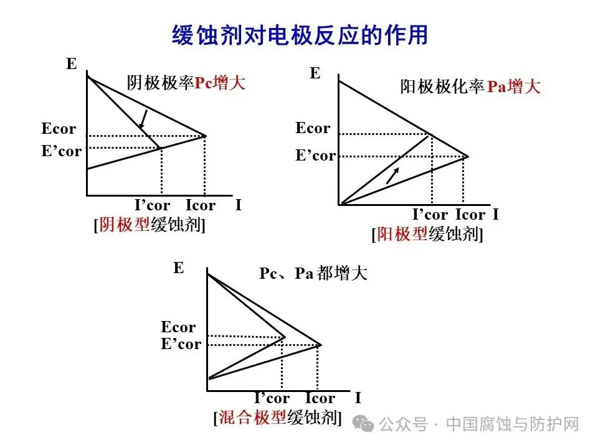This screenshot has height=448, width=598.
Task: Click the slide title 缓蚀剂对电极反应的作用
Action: coord(300,35)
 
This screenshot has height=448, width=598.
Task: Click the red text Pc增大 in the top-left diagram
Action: coord(220,83)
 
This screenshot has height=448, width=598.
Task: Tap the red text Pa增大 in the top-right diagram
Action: coord(513,87)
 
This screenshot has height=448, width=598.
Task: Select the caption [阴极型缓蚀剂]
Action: coord(149,225)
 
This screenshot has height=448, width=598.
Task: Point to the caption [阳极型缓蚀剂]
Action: coord(427,234)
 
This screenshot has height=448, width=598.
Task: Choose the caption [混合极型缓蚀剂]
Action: coord(277,417)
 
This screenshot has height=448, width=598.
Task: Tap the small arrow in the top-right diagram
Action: coord(392,175)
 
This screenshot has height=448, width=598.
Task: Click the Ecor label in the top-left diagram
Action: coord(59,129)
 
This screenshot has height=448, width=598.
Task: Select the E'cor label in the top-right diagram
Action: coord(315,156)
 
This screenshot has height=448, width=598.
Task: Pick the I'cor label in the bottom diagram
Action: coord(272,398)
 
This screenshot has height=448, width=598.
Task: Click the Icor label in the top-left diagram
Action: coord(200,205)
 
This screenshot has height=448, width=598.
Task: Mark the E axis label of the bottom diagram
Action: coord(179,268)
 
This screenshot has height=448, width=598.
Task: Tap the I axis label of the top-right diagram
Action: coord(495,215)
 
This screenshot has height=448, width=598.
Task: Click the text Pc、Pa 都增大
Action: coord(313,273)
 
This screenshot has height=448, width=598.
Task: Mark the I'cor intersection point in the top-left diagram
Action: coord(161,147)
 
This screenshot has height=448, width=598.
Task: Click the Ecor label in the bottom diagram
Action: coord(178,327)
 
